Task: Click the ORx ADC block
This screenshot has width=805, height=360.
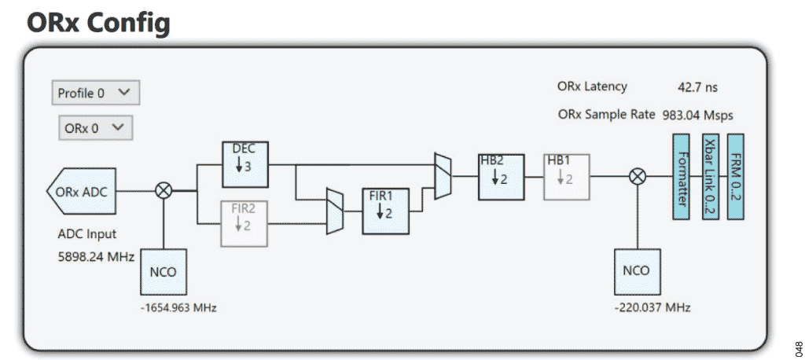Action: point(83,190)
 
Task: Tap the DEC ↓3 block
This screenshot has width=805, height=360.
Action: point(244,165)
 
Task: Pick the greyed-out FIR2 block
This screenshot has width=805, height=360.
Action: point(244,222)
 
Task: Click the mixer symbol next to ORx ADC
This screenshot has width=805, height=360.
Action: point(164,190)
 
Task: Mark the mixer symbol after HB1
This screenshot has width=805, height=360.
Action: point(638,177)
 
